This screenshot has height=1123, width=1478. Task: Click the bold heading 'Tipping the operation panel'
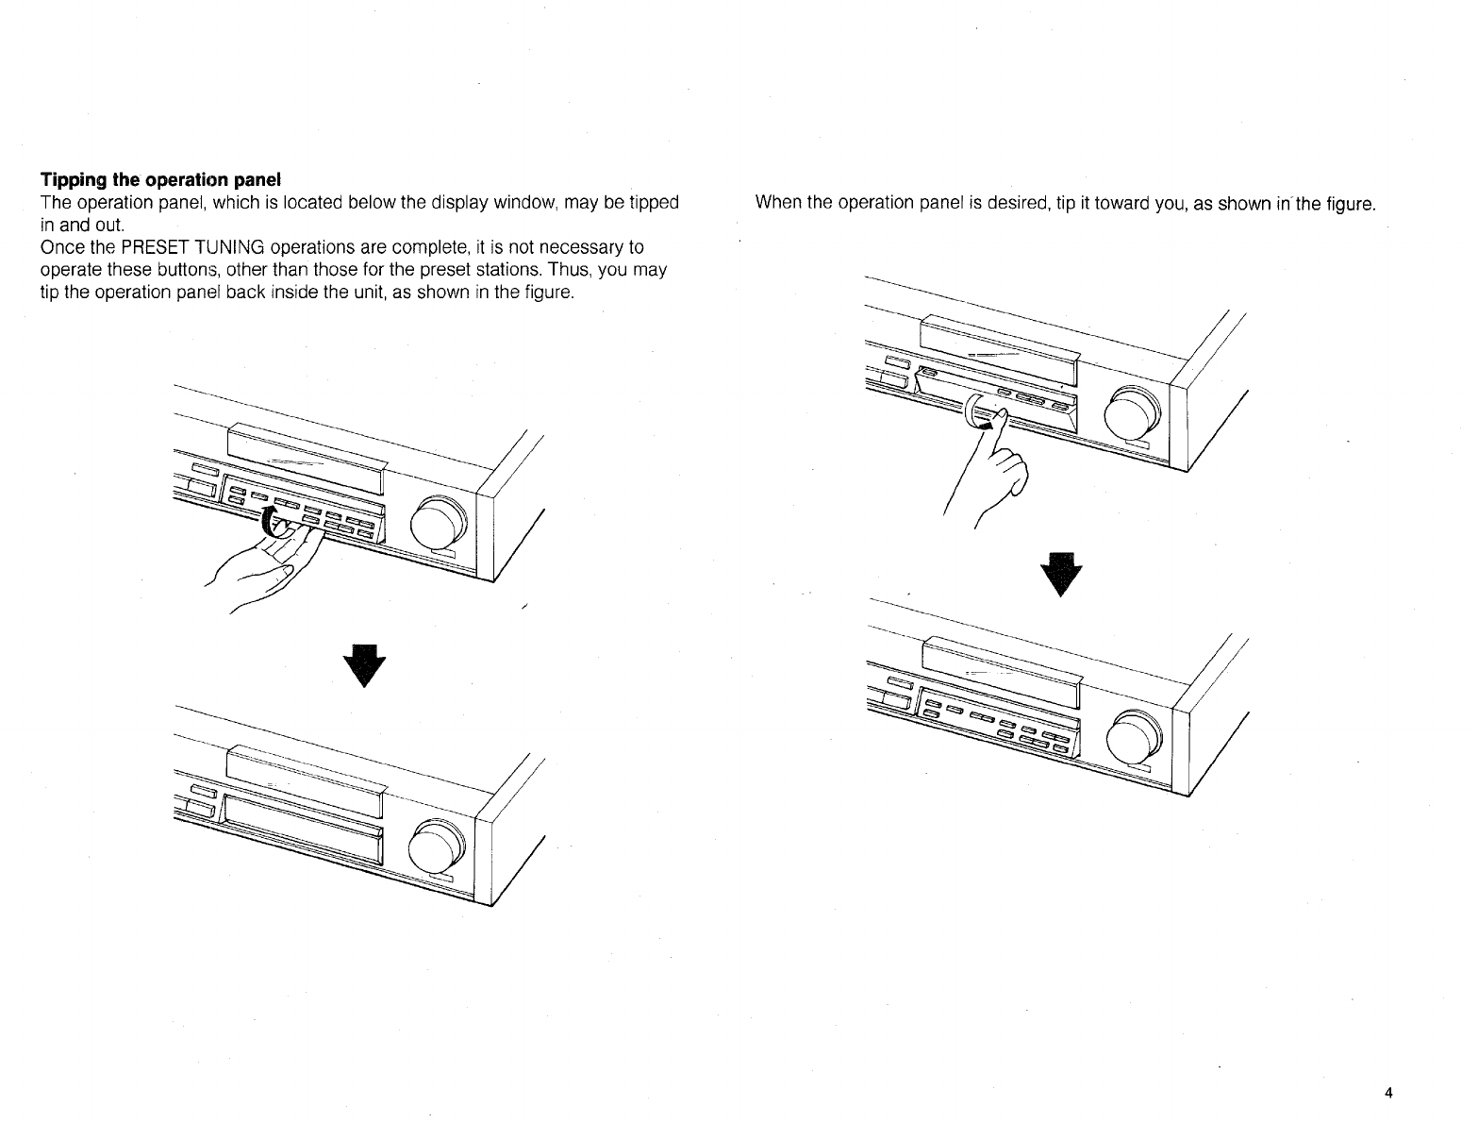pyautogui.click(x=161, y=179)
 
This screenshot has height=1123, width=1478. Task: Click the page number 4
pyautogui.click(x=1388, y=1094)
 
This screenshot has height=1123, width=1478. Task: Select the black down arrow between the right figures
pyautogui.click(x=1058, y=573)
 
